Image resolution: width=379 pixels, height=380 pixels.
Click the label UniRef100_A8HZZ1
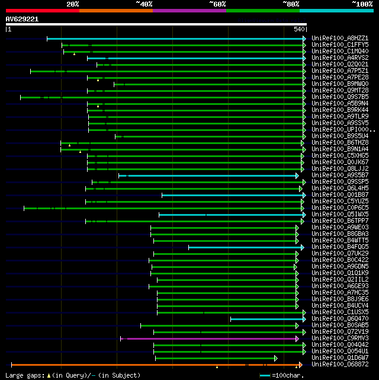pos(340,38)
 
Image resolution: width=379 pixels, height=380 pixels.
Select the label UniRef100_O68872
pos(340,365)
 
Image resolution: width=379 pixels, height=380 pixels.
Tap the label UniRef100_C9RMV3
pos(340,339)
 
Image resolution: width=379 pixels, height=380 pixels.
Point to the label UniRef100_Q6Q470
pos(340,319)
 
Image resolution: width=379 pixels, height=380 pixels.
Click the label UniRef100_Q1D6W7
pos(340,358)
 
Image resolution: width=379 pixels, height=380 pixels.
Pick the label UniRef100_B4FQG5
pos(340,247)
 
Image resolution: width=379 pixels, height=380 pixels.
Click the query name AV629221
pos(23,19)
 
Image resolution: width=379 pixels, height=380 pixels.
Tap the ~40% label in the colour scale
pos(144,4)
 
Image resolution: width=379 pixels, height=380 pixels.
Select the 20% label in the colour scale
pos(73,4)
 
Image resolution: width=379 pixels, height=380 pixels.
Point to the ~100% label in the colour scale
pos(362,4)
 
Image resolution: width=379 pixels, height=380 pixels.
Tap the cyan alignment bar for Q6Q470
pos(266,319)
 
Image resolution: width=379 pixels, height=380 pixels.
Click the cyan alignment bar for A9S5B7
pos(207,175)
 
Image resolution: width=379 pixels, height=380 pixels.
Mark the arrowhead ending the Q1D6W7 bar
pos(276,358)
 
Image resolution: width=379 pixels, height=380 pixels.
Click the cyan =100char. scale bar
pos(265,375)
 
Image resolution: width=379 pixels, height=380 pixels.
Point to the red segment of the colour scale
pos(41,10)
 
